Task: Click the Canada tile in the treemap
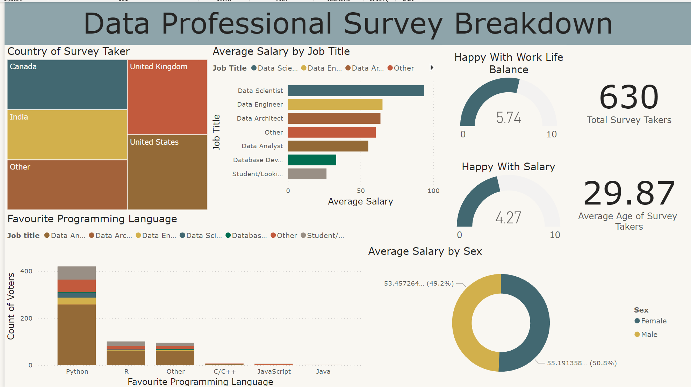[x=67, y=85]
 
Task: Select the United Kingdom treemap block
[x=167, y=97]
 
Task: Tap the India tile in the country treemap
[x=67, y=135]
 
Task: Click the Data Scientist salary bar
[x=355, y=91]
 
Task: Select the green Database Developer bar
[x=312, y=160]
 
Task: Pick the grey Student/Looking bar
[x=307, y=174]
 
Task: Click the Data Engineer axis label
[x=260, y=105]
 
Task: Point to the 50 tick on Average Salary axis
[x=361, y=191]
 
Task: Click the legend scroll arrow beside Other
[x=432, y=68]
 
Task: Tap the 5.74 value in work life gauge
[x=509, y=118]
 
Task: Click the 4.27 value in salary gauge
[x=508, y=218]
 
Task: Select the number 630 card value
[x=629, y=97]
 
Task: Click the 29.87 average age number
[x=629, y=193]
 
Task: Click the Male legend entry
[x=649, y=335]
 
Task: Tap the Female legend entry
[x=653, y=321]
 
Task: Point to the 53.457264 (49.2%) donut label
[x=419, y=284]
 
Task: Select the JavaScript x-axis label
[x=274, y=372]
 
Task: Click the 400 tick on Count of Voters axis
[x=26, y=271]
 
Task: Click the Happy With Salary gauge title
[x=508, y=167]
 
